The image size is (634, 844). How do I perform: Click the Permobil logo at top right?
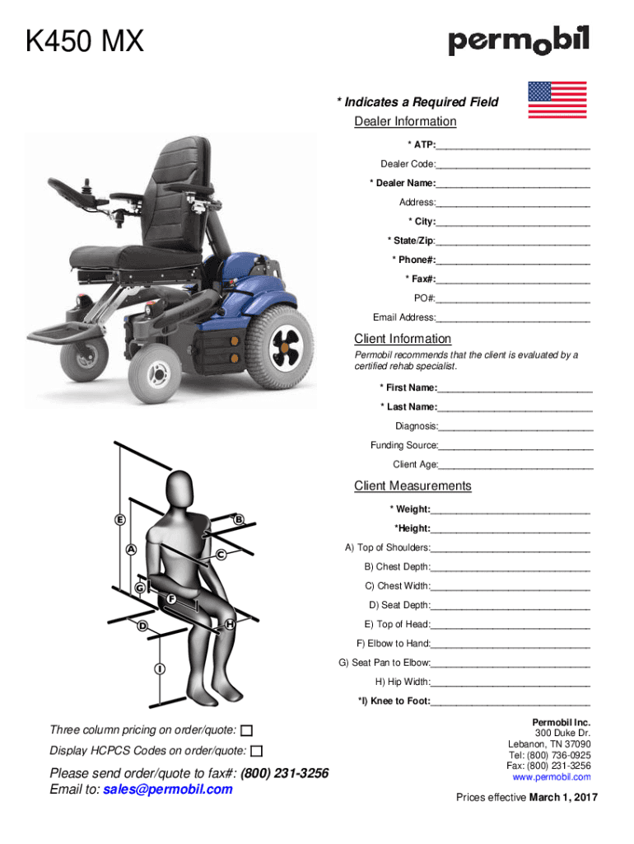pyautogui.click(x=519, y=41)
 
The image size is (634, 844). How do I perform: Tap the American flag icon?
pyautogui.click(x=557, y=100)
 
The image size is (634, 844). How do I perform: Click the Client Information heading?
pyautogui.click(x=403, y=339)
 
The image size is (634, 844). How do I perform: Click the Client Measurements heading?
pyautogui.click(x=413, y=485)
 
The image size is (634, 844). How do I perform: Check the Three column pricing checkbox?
pyautogui.click(x=247, y=731)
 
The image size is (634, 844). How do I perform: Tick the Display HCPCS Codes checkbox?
pyautogui.click(x=257, y=751)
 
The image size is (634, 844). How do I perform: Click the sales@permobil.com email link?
pyautogui.click(x=168, y=789)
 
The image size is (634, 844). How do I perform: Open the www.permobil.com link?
pyautogui.click(x=551, y=777)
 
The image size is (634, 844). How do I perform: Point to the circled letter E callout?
pyautogui.click(x=120, y=520)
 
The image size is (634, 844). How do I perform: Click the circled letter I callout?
pyautogui.click(x=156, y=668)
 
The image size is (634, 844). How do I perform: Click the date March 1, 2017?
pyautogui.click(x=563, y=797)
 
